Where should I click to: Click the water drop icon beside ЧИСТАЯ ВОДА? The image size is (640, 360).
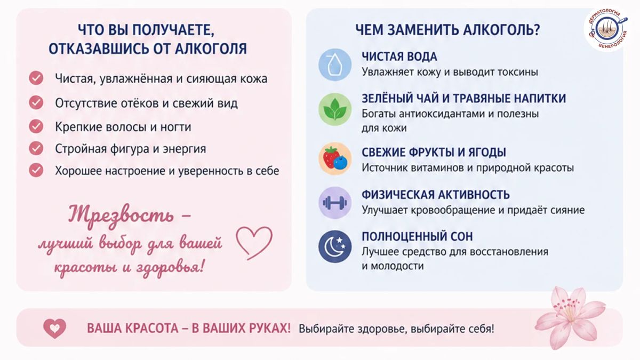335,65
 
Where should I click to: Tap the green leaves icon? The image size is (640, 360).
335,109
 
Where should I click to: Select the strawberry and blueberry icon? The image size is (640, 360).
335,158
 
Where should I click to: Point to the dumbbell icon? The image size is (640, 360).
335,203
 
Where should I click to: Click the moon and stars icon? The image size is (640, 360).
335,246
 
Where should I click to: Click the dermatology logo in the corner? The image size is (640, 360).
607,29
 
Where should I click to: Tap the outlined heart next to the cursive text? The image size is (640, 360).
254,243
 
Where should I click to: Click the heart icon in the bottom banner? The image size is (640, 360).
54,329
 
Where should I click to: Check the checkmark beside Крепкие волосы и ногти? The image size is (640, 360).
36,126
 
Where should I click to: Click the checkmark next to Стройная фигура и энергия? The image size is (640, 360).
36,148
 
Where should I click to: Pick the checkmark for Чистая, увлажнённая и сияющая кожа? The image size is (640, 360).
36,78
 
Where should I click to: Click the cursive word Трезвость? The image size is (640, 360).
121,215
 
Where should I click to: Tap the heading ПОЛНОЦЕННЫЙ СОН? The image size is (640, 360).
417,237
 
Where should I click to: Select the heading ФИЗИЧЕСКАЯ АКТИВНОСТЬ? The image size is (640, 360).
435,195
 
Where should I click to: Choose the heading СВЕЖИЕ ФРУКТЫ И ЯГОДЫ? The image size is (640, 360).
434,153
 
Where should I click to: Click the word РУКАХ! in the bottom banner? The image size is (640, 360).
270,329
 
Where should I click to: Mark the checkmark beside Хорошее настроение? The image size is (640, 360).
36,170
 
